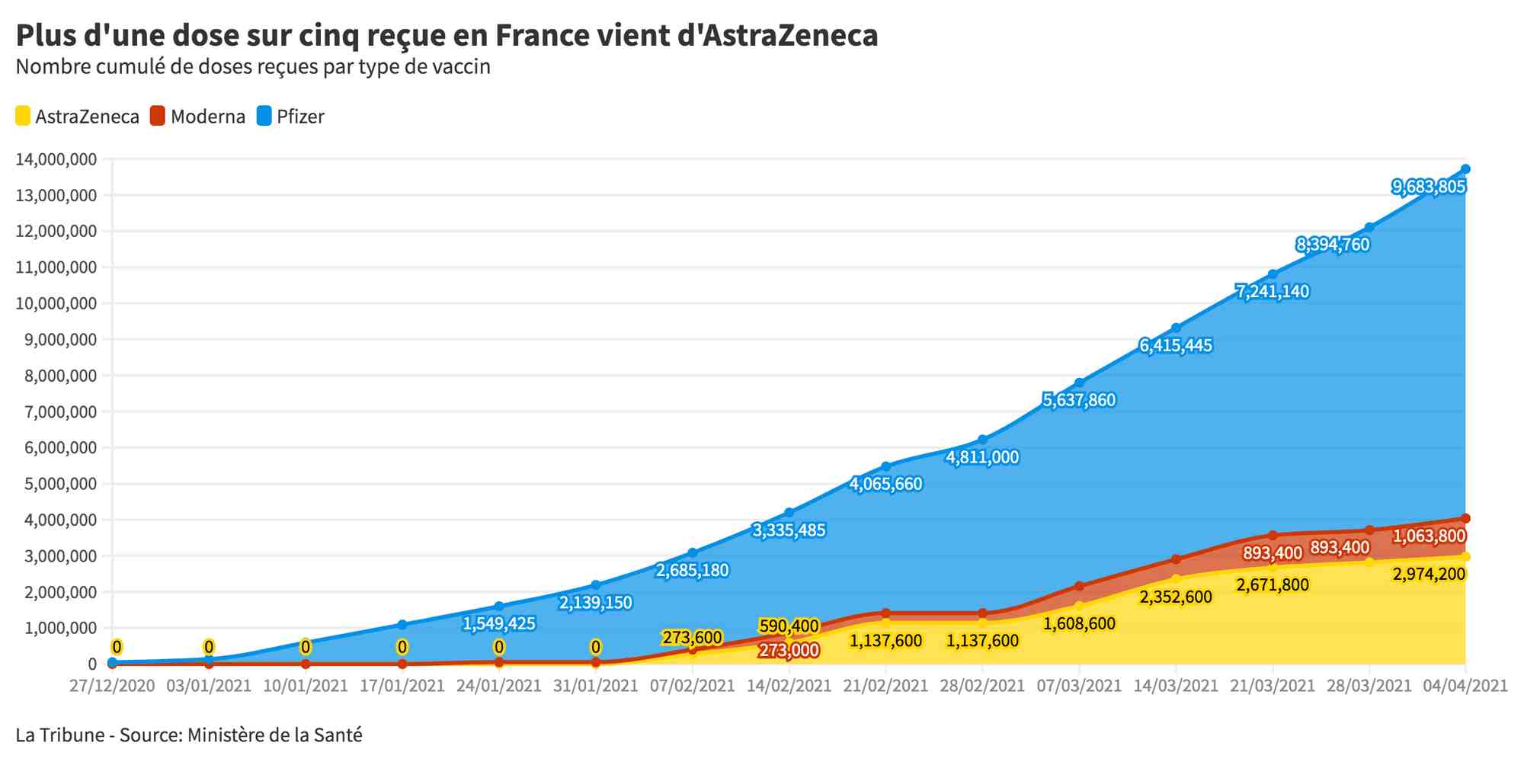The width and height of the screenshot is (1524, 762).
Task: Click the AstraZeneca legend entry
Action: coord(78,117)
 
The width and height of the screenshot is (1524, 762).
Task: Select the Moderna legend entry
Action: coord(198,117)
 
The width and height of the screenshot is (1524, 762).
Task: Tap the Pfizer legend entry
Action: coord(290,117)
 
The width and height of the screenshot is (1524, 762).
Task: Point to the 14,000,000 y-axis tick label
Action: coord(56,159)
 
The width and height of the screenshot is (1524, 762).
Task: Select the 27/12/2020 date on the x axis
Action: coord(112,686)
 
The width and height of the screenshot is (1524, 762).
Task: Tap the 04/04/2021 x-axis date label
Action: coord(1465,686)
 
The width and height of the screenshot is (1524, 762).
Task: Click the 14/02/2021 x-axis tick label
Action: coord(789,686)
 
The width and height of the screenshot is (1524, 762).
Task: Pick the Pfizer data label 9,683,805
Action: coord(1429,187)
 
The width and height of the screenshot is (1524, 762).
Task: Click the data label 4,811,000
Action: coord(982,457)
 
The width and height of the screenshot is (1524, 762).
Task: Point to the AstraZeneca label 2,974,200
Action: coord(1429,574)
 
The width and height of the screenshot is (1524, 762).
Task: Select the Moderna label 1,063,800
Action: coord(1429,536)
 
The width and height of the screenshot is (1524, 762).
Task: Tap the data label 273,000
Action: coord(789,651)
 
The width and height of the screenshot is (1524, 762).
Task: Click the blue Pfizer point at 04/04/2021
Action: coord(1465,169)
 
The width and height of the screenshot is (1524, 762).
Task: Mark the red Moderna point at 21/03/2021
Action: coord(1273,536)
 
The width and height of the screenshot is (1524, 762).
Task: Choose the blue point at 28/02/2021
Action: coord(982,440)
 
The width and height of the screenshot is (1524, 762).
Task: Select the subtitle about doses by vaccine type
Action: coord(253,67)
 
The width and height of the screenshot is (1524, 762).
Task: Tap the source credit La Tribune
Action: coord(59,735)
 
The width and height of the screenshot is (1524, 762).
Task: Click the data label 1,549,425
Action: coord(499,623)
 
